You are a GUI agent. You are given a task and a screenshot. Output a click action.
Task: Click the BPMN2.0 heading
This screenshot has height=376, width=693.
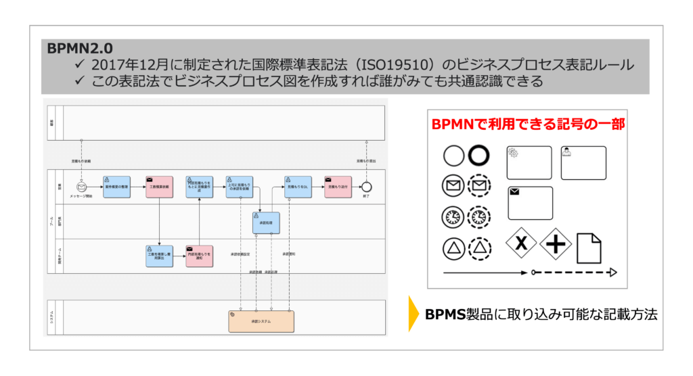pyautogui.click(x=80, y=48)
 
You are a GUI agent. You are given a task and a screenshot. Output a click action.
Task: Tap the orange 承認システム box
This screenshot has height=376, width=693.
pyautogui.click(x=261, y=321)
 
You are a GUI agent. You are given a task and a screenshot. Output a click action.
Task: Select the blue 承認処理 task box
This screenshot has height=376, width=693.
pyautogui.click(x=265, y=223)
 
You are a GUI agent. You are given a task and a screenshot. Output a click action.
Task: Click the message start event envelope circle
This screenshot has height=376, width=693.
pyautogui.click(x=82, y=187)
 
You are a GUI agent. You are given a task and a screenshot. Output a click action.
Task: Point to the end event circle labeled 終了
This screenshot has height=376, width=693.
pyautogui.click(x=366, y=187)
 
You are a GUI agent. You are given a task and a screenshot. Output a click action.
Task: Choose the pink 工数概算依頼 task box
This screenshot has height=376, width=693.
pyautogui.click(x=159, y=187)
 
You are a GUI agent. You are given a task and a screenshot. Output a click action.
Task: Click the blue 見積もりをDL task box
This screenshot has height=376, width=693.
pyautogui.click(x=298, y=187)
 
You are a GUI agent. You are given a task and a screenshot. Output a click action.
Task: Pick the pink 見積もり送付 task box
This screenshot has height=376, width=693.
pyautogui.click(x=338, y=187)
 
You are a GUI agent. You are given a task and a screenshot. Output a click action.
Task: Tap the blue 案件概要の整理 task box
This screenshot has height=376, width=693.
pyautogui.click(x=116, y=187)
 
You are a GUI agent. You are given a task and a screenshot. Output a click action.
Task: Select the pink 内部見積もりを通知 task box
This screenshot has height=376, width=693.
pyautogui.click(x=199, y=256)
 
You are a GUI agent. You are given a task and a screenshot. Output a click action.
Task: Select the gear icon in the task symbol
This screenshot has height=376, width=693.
pyautogui.click(x=514, y=154)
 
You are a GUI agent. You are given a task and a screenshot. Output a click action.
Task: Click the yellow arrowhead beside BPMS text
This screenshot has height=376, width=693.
pyautogui.click(x=413, y=314)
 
